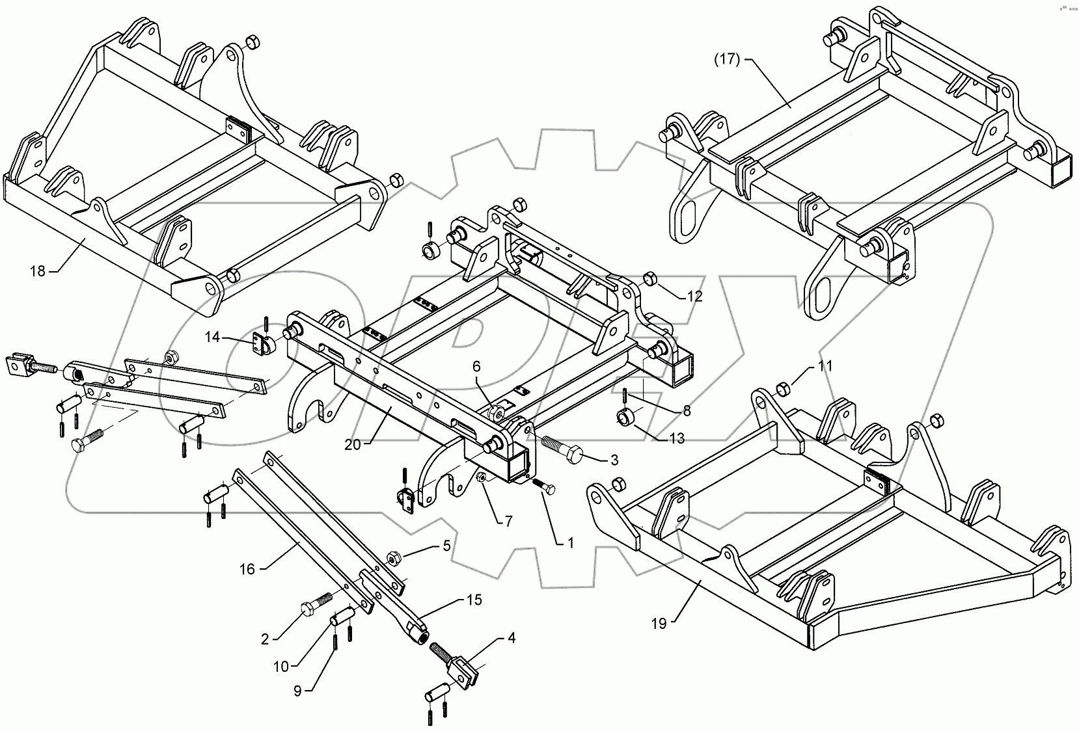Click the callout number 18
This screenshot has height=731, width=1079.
38,271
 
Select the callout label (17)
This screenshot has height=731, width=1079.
727,60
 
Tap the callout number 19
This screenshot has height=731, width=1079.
659,624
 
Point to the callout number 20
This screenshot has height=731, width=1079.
352,445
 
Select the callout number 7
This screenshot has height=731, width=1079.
508,521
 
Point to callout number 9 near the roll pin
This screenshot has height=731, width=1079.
297,691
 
